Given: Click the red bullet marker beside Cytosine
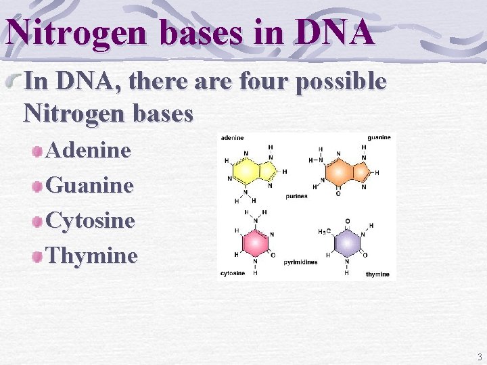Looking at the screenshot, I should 38,221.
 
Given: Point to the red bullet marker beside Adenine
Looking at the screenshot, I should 38,151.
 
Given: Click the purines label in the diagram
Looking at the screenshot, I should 296,196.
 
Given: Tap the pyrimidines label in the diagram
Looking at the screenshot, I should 300,262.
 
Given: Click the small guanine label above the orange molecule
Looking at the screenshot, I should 379,138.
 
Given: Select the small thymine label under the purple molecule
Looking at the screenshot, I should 377,274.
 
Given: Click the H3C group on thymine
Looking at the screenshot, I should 324,232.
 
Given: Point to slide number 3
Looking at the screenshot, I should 479,357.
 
